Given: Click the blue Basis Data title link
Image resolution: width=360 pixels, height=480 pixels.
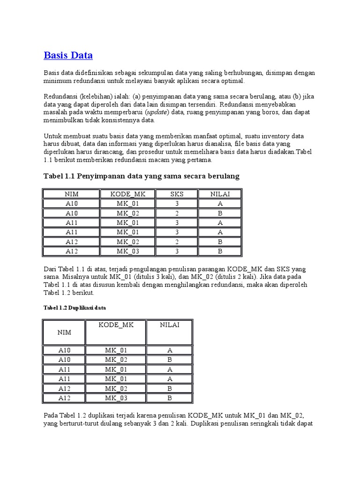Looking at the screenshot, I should click(x=68, y=55).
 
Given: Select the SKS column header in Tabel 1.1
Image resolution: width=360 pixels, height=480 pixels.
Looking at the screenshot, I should click(x=177, y=194).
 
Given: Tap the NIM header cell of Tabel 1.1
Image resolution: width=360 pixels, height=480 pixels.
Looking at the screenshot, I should click(x=72, y=194).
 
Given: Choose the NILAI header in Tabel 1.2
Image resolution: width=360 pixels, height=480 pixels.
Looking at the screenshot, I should click(x=170, y=325).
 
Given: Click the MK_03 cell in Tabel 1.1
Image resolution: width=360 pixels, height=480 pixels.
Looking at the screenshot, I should click(x=128, y=251).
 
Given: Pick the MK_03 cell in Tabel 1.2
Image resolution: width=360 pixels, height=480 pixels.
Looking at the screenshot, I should click(x=117, y=398).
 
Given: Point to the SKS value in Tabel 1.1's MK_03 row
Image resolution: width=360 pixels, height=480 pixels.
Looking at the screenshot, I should click(x=177, y=251).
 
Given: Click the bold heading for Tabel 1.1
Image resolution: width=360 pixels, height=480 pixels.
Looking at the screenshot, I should click(x=142, y=176).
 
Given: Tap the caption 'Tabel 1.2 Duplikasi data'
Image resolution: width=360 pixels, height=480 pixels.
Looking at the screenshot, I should click(x=75, y=308).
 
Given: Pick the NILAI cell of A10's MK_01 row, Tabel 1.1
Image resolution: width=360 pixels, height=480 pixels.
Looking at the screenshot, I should click(x=220, y=203).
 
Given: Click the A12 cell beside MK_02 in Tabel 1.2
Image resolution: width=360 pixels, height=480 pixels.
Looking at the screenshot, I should click(x=65, y=389).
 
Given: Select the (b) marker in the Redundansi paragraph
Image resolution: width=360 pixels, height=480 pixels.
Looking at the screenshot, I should click(x=297, y=97).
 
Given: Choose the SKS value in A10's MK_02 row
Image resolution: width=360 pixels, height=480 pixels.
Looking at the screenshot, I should click(x=177, y=213).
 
